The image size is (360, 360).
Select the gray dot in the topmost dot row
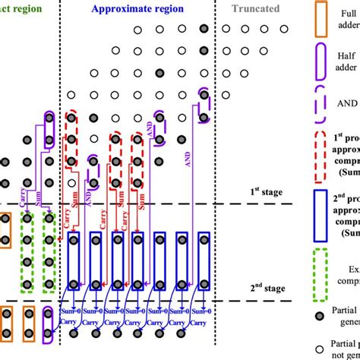click(203, 30)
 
